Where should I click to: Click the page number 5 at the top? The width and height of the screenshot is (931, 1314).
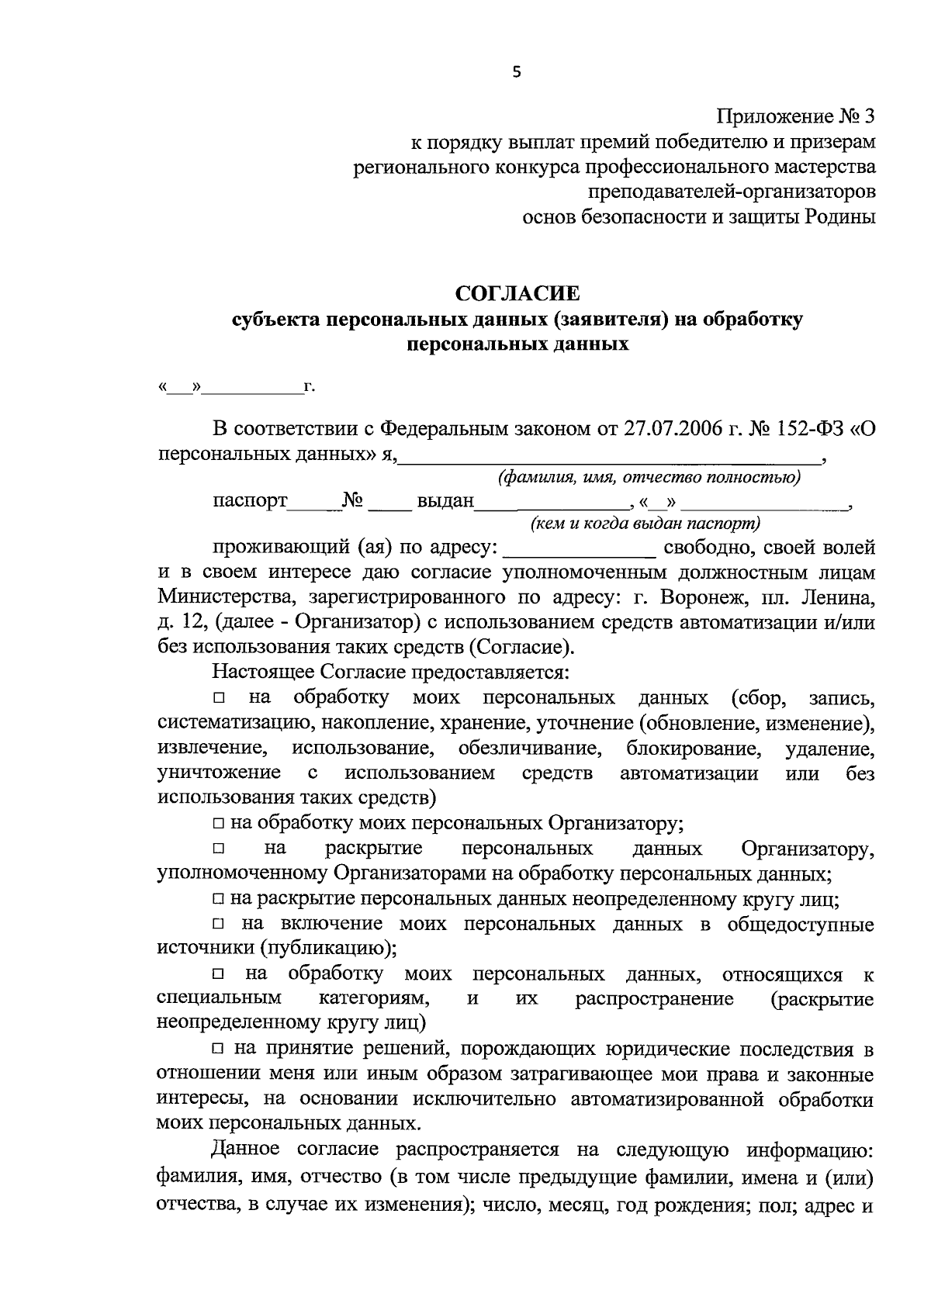pos(517,72)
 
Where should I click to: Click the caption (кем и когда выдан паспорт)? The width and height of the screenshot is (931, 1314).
pos(645,524)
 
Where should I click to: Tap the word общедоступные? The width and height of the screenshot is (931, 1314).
pos(801,925)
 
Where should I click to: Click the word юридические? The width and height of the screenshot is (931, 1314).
pos(667,1050)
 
